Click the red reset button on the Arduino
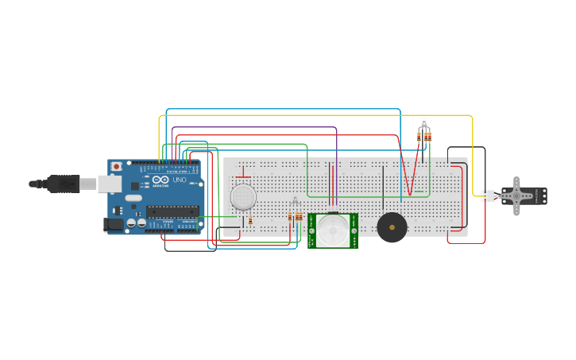point(117,166)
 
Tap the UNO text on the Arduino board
point(180,180)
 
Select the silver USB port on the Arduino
point(110,184)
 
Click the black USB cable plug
point(63,184)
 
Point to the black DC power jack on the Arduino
point(114,225)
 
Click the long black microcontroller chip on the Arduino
point(172,211)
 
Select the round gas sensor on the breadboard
point(243,196)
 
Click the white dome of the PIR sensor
point(333,230)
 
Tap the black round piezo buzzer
point(392,227)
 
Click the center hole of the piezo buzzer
point(392,227)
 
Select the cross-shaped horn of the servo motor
point(517,195)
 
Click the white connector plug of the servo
point(487,195)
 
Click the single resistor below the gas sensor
point(250,220)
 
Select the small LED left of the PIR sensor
point(295,202)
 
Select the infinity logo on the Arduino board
point(160,180)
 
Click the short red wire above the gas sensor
point(243,176)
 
